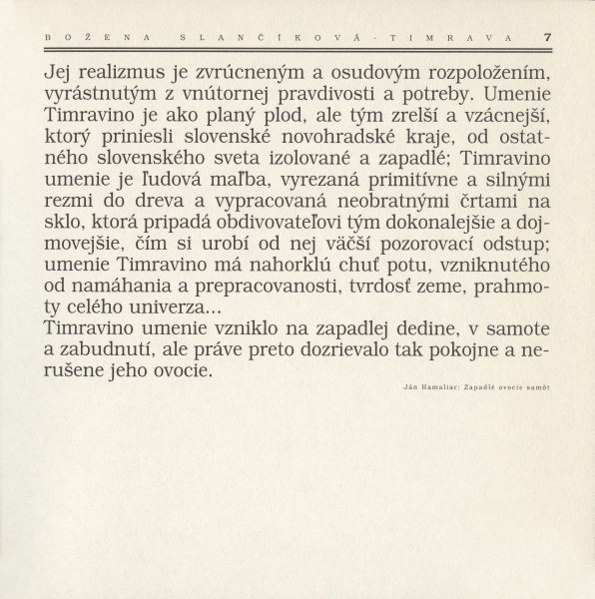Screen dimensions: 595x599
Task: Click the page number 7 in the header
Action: (548, 37)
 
